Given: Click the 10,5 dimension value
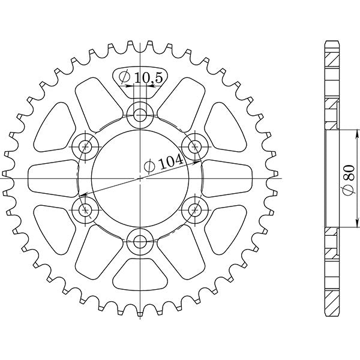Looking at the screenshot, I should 146,77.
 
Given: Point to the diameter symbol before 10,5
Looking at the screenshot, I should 125,77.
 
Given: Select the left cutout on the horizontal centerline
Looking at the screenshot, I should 53,178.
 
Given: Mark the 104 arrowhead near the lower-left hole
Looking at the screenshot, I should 85,194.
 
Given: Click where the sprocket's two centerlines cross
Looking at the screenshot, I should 140,178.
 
